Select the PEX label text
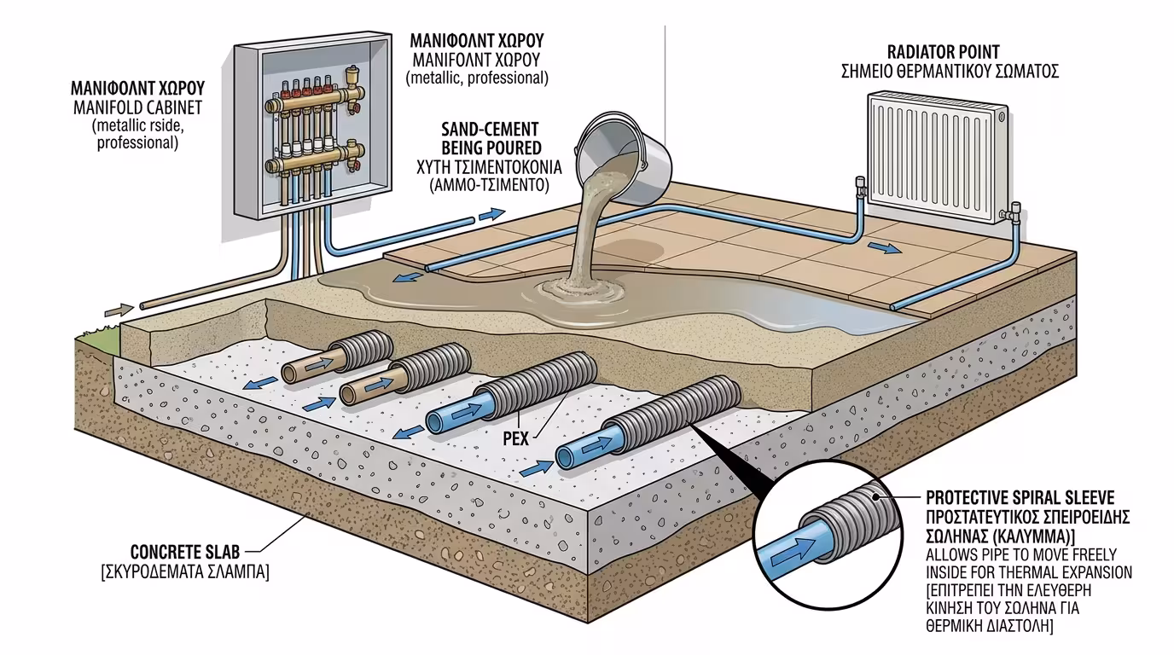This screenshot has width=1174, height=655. [x=515, y=438]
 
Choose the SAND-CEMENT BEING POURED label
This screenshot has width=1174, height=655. [x=490, y=138]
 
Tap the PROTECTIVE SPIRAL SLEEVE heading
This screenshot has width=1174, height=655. [x=1019, y=497]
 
